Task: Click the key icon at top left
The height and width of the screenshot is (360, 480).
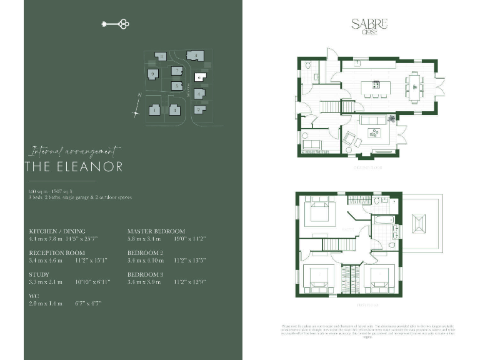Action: click(114, 24)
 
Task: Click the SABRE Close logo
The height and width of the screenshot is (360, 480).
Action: click(369, 26)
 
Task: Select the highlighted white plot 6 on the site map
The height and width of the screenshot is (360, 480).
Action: click(198, 78)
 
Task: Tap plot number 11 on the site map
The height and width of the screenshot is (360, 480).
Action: click(161, 57)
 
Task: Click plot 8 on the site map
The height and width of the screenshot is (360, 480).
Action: click(196, 56)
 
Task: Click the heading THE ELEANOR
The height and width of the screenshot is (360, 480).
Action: click(74, 167)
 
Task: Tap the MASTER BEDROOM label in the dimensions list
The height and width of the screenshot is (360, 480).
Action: click(156, 231)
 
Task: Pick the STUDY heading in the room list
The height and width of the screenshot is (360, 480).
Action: click(39, 274)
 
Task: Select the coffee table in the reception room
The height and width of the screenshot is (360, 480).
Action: click(375, 132)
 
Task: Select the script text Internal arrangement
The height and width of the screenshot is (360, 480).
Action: click(74, 151)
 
